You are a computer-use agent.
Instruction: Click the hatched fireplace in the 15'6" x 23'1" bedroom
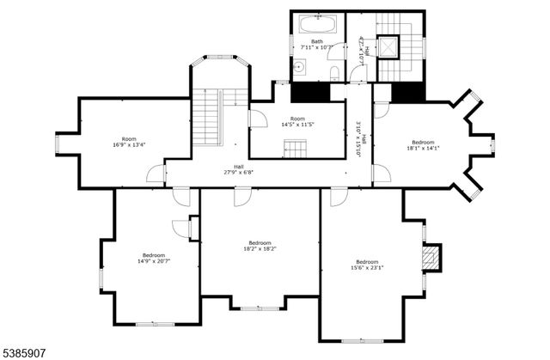point(433,256)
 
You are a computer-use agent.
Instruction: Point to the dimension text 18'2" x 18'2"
point(261,250)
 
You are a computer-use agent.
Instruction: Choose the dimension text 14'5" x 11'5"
point(297,125)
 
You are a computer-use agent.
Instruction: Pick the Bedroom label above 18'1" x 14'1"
point(422,142)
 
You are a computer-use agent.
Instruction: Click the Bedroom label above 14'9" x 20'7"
point(153,255)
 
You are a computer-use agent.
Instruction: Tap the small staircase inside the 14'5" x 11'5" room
point(295,150)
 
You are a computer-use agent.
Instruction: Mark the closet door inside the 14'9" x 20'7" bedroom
point(181,228)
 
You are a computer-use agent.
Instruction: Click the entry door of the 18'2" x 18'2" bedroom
point(242,197)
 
